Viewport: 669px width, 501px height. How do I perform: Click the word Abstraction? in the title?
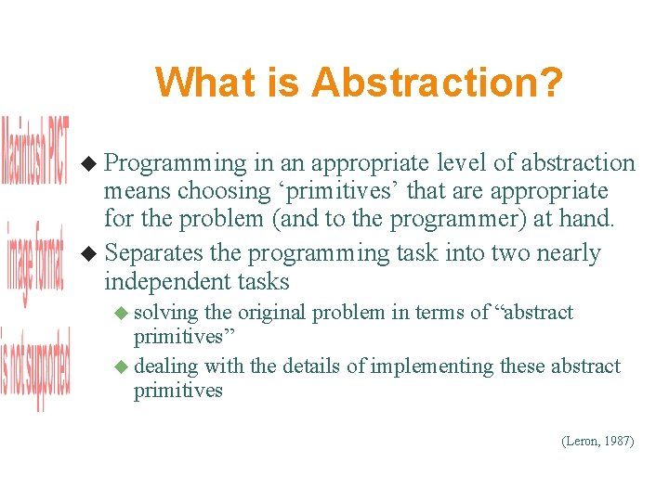pos(437,82)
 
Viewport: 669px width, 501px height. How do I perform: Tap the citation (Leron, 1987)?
pos(597,442)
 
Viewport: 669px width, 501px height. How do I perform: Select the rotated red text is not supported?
pos(35,366)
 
